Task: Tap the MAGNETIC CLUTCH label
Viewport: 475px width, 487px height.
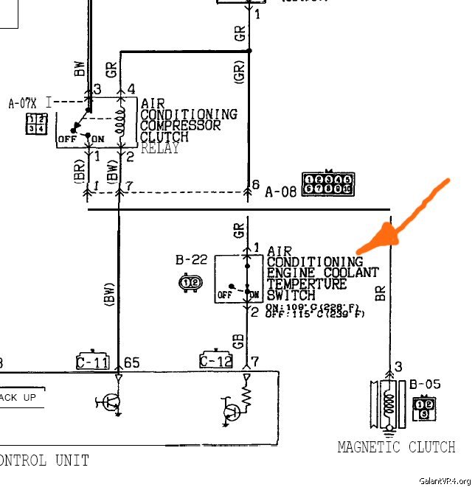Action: click(x=396, y=446)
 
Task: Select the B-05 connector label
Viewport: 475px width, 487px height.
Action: click(x=424, y=383)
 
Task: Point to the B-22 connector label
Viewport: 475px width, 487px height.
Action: click(x=190, y=260)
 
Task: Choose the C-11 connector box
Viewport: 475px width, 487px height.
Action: click(x=92, y=361)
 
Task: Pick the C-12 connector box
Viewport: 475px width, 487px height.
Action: click(x=215, y=361)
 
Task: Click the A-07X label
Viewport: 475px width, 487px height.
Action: click(x=22, y=103)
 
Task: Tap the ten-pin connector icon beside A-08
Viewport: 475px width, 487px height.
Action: click(x=327, y=183)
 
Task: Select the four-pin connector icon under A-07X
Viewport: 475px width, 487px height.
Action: click(x=35, y=124)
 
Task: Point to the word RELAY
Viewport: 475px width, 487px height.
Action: click(x=159, y=147)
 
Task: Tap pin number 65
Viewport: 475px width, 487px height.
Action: click(x=132, y=362)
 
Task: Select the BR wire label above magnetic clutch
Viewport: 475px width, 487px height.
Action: click(x=381, y=294)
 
